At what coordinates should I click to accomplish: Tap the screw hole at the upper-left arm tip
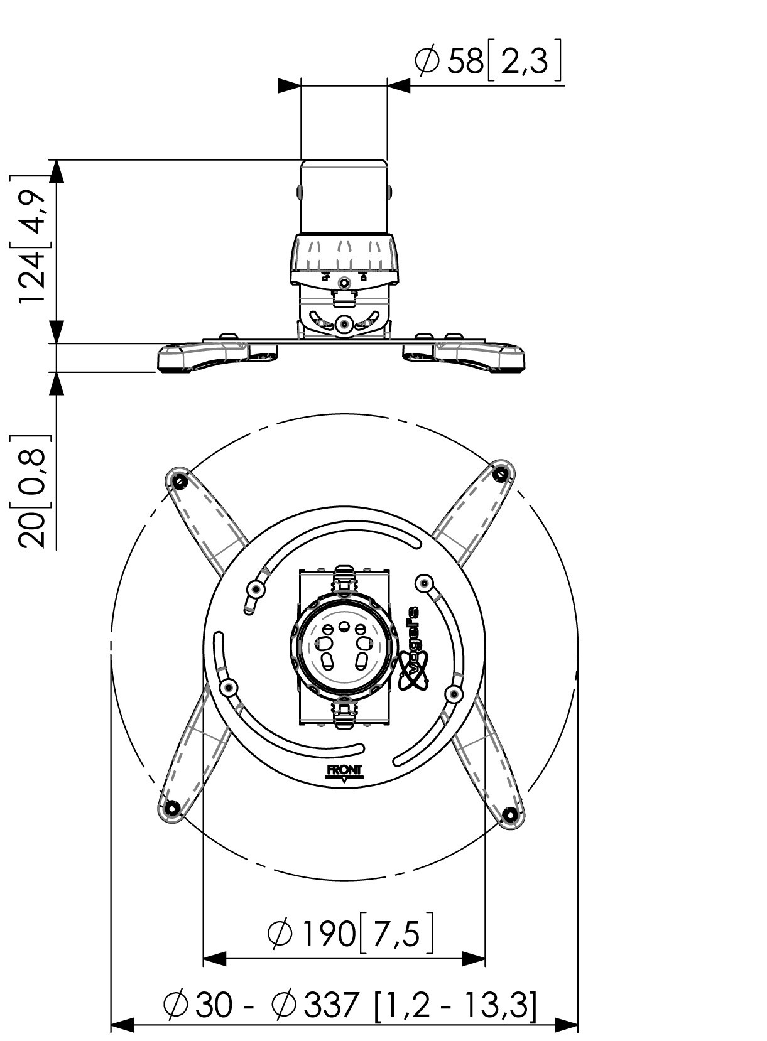coord(180,482)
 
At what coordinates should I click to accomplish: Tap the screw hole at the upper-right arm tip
coord(501,473)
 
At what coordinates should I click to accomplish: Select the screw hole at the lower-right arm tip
coord(510,816)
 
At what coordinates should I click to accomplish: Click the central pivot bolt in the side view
coord(344,324)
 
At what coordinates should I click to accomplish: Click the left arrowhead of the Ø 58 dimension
coord(289,85)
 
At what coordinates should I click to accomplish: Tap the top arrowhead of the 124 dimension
coord(57,171)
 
